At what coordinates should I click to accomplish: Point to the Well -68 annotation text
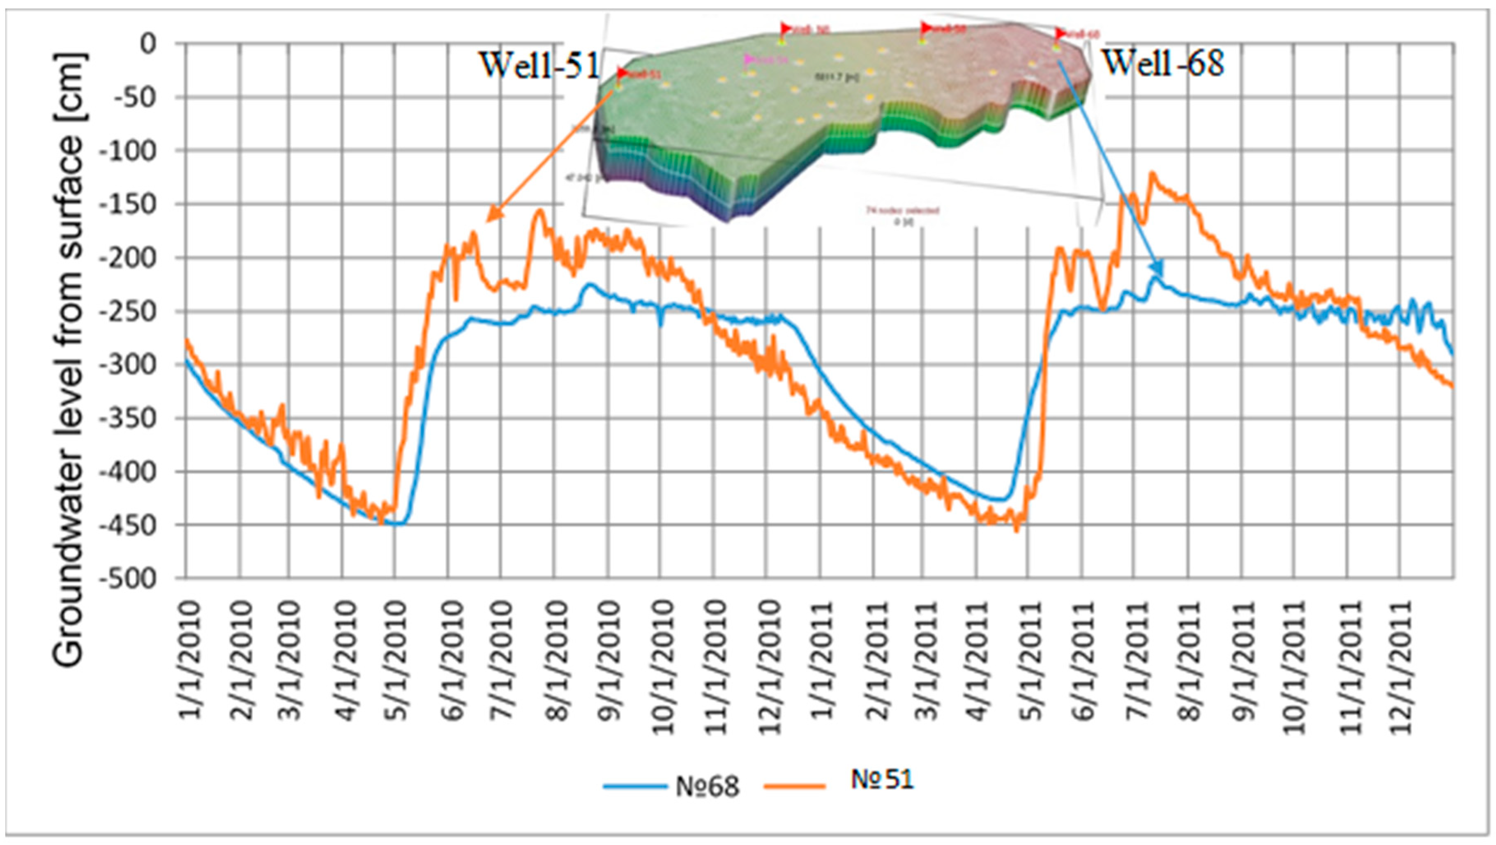[1163, 63]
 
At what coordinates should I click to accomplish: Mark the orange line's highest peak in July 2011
[1152, 173]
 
